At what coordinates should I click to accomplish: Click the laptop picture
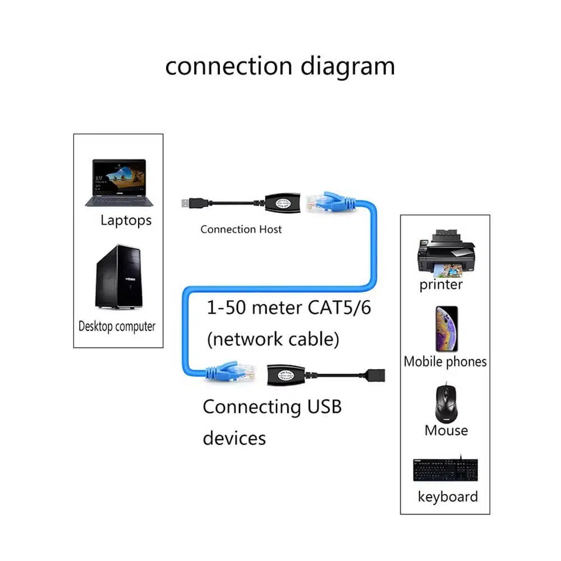click(118, 183)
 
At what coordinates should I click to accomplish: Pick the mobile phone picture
click(447, 329)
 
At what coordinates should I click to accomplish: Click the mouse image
click(446, 403)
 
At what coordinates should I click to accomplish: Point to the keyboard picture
click(445, 470)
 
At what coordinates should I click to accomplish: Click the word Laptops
click(126, 220)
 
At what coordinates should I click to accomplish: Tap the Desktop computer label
click(117, 326)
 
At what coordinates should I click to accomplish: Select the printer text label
click(441, 284)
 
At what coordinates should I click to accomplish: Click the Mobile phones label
click(445, 362)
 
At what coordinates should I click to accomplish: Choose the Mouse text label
click(446, 430)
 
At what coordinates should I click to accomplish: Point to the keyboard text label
click(448, 496)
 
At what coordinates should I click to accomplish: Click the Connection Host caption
click(241, 229)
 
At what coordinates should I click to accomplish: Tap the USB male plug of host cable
click(190, 203)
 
